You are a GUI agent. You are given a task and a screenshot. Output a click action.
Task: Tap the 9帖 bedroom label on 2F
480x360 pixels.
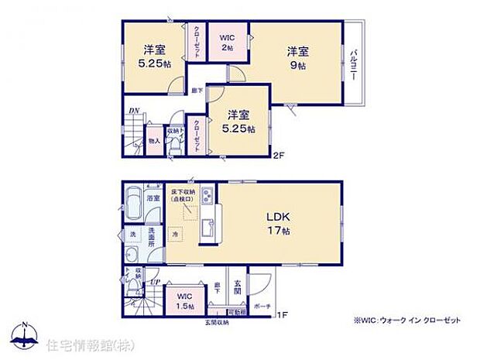[298, 60]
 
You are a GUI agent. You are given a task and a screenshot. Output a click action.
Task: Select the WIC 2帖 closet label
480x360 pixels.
[227, 41]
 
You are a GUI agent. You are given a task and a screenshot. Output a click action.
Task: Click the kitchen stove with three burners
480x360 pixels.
[207, 194]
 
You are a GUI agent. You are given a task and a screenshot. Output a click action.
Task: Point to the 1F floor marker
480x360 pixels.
[283, 314]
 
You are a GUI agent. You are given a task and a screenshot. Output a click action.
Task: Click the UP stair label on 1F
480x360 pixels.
[153, 283]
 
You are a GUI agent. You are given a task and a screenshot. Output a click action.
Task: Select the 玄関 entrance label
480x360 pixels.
[238, 285]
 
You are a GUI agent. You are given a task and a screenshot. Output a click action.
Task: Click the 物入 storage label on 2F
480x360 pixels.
[153, 140]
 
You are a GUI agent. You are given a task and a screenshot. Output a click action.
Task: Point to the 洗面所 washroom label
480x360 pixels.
[153, 238]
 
